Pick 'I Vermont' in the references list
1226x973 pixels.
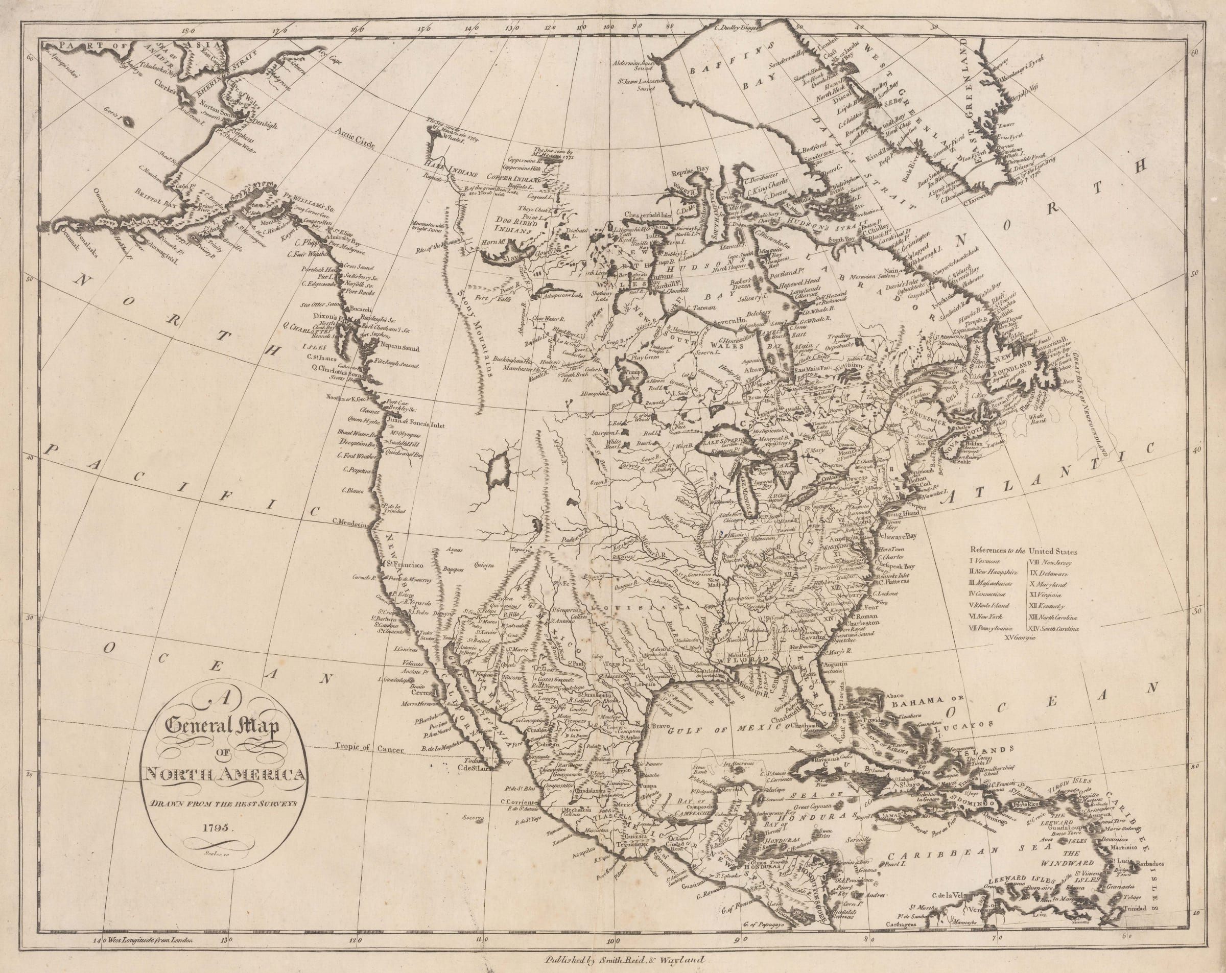pyautogui.click(x=986, y=561)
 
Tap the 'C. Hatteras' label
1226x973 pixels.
pyautogui.click(x=881, y=582)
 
